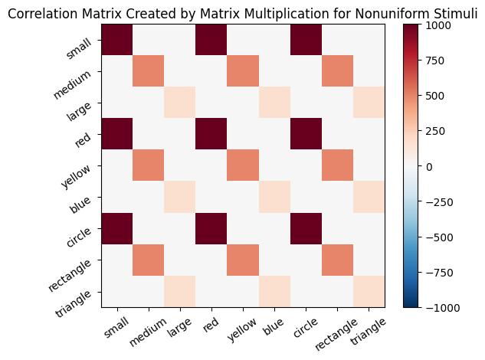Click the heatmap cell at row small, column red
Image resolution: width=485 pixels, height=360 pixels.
click(211, 41)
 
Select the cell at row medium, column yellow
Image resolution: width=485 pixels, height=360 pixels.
click(242, 72)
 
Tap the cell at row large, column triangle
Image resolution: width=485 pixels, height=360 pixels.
click(369, 103)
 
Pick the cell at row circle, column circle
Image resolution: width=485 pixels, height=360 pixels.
click(306, 229)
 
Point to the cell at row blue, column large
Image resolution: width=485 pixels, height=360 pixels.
click(179, 198)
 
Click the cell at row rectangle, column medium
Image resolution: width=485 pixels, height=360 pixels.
click(148, 260)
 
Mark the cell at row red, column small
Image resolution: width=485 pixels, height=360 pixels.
click(116, 135)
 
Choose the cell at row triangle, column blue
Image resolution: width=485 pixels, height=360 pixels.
click(274, 292)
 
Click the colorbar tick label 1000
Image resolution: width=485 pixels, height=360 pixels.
click(441, 25)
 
